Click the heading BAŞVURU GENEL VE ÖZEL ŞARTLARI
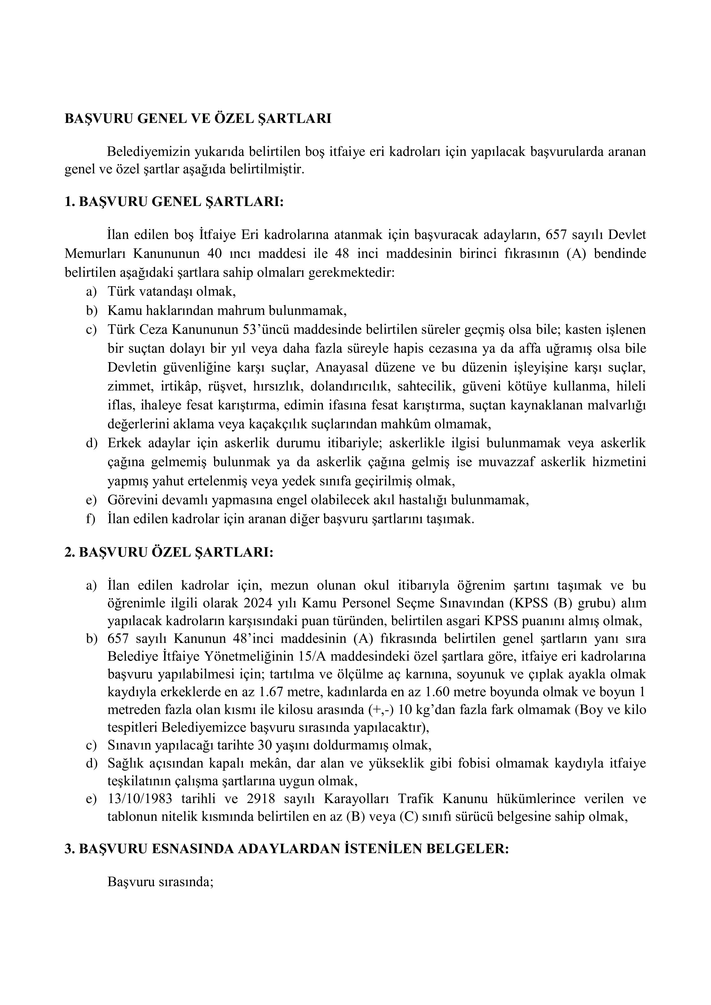[198, 119]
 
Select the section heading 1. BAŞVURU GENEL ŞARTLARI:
[174, 202]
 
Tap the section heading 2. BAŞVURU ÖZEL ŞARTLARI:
[169, 552]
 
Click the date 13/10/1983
[140, 799]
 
